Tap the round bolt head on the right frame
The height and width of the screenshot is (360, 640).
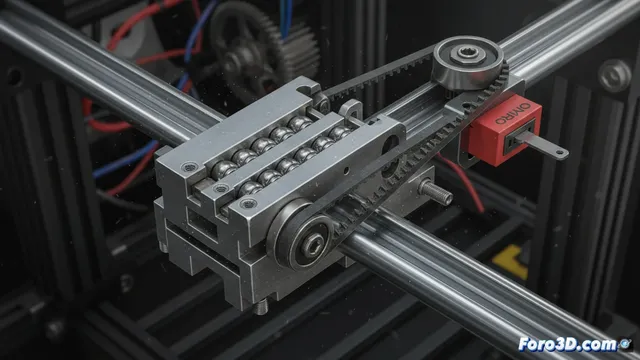click(x=612, y=76)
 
